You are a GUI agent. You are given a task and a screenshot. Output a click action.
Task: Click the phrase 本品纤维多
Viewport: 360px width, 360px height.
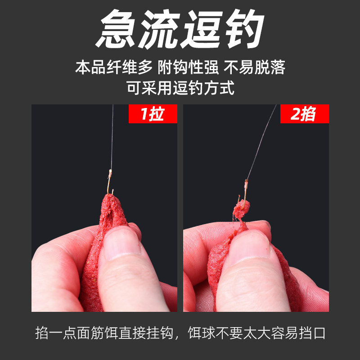tap(114, 68)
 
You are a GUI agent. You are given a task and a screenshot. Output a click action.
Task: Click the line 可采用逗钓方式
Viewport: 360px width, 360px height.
tap(180, 88)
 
